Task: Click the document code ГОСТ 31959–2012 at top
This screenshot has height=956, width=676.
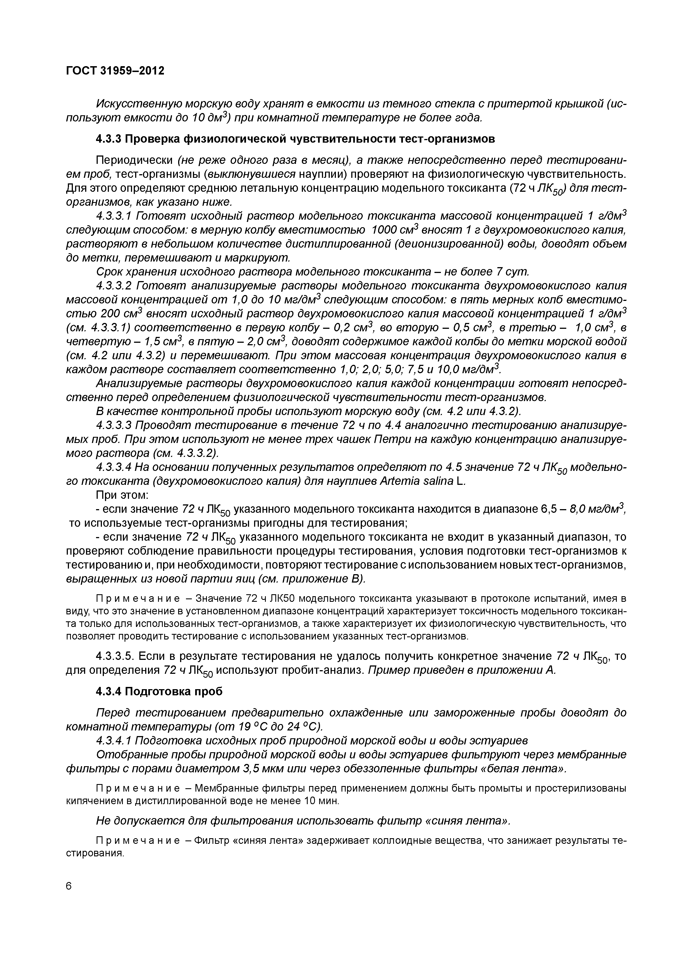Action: point(115,71)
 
